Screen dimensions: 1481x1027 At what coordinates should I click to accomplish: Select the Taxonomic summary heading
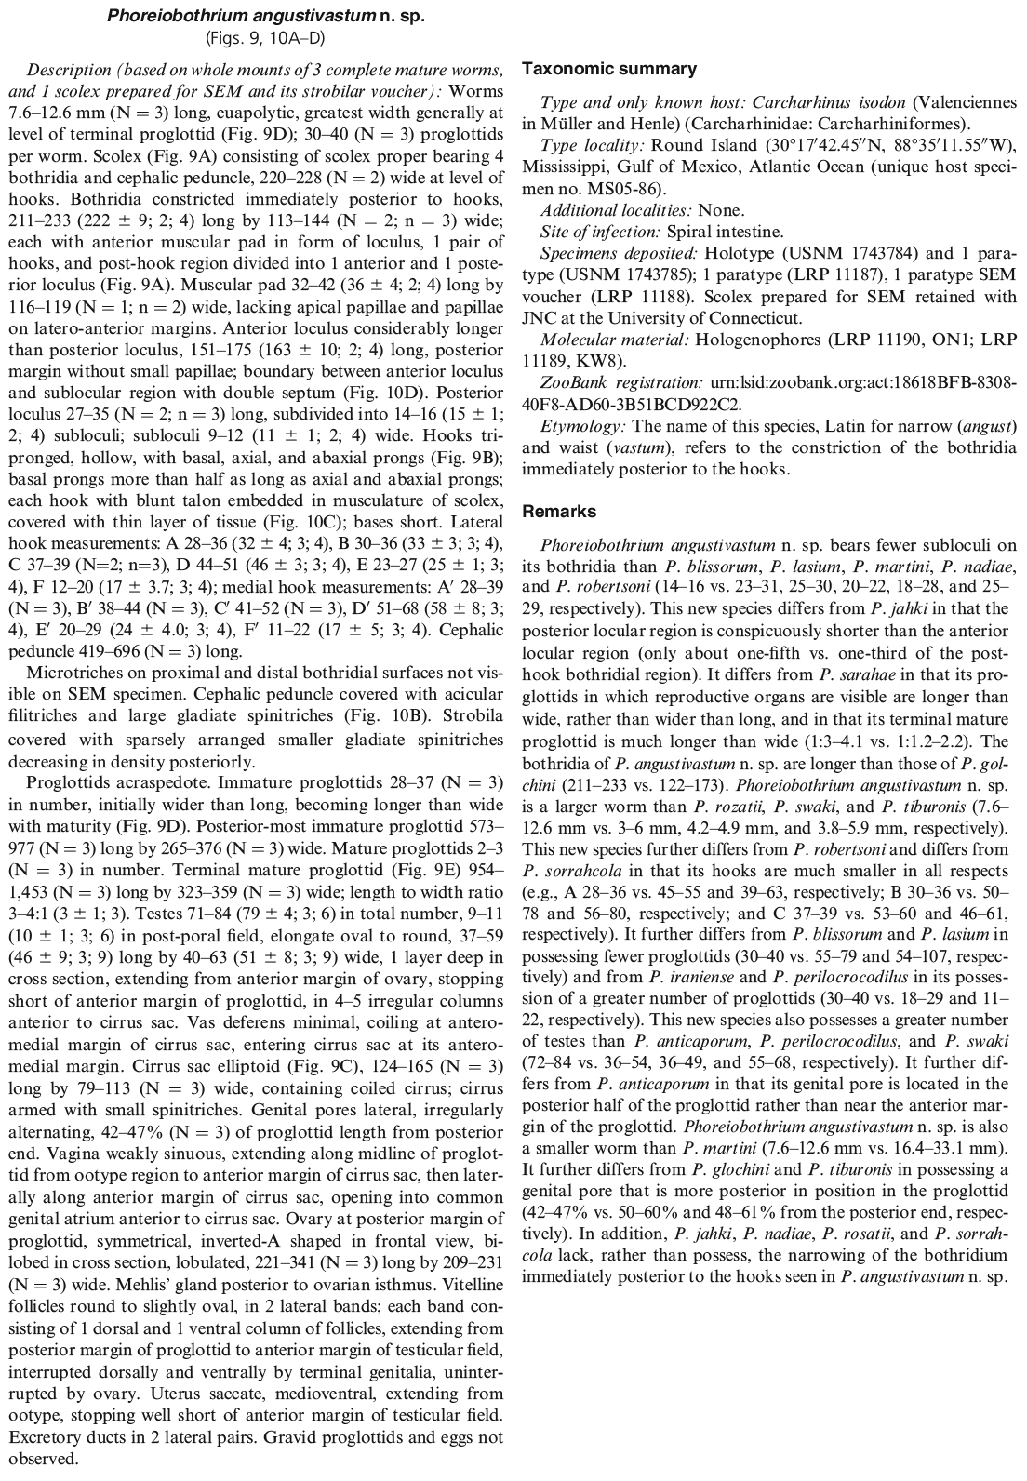pos(609,69)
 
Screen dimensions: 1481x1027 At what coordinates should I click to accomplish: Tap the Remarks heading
pos(559,512)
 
